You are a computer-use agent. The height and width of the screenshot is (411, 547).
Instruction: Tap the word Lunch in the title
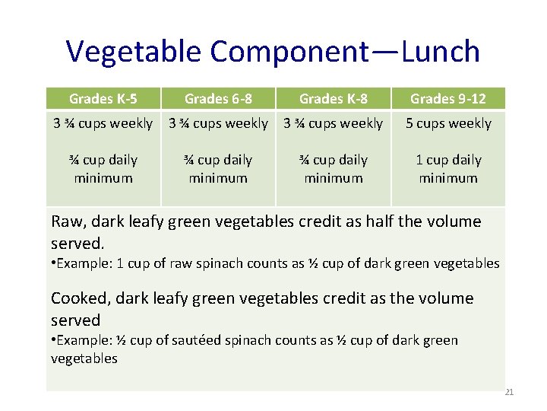(x=441, y=52)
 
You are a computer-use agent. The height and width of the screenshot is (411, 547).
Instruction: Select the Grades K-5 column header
(x=103, y=98)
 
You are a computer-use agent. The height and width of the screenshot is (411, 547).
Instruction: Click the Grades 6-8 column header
(x=218, y=98)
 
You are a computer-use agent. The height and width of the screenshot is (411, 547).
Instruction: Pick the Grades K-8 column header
(x=333, y=98)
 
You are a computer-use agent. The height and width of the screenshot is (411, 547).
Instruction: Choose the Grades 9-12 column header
(x=447, y=98)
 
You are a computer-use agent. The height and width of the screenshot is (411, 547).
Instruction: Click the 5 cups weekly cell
(x=448, y=123)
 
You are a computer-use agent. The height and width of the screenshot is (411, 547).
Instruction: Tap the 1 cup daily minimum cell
(x=447, y=169)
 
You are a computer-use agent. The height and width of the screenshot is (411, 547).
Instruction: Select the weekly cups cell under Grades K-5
(x=103, y=123)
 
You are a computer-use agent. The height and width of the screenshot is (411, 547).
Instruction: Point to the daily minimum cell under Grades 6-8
(x=218, y=169)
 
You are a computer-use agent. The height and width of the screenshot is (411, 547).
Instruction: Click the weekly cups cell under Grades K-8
(x=333, y=123)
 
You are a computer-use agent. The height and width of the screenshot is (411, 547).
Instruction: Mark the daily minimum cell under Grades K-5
(x=103, y=169)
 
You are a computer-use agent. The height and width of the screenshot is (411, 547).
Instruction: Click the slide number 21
(x=509, y=393)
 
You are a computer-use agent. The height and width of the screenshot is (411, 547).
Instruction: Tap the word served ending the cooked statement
(x=75, y=320)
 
